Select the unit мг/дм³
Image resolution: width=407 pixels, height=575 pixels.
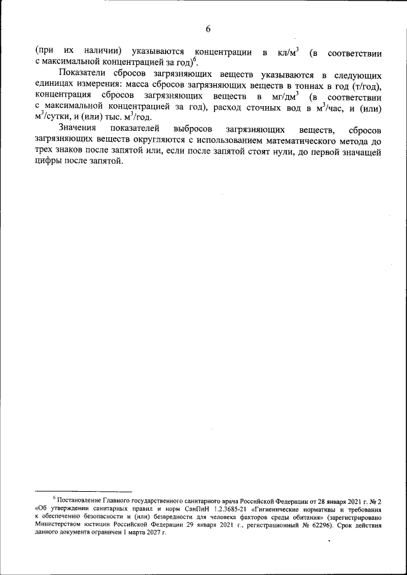pyautogui.click(x=284, y=97)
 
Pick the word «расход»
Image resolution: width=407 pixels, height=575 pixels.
pyautogui.click(x=230, y=109)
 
